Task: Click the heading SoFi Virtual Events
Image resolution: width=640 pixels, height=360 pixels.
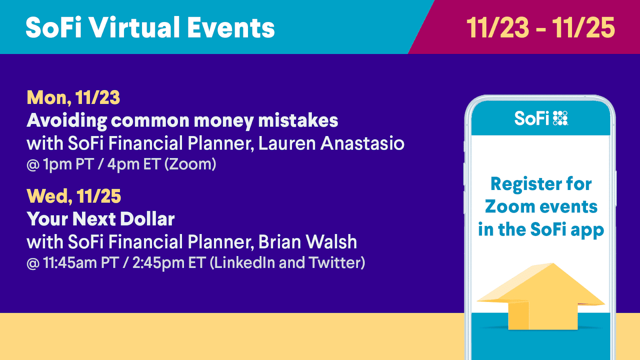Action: (150, 28)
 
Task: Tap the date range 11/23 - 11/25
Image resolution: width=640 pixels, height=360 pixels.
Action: (540, 28)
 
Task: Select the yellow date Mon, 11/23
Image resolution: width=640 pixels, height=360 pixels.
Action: (74, 98)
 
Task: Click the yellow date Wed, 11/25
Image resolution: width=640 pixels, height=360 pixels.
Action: (74, 196)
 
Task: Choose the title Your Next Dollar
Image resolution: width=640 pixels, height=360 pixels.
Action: (100, 219)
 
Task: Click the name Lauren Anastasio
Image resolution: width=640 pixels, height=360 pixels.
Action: (332, 143)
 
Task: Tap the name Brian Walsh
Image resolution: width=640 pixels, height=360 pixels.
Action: (308, 242)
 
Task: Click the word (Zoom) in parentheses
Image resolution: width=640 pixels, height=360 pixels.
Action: (190, 164)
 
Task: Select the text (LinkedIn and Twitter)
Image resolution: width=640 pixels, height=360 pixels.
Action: (288, 262)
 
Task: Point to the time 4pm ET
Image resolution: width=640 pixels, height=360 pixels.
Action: (133, 164)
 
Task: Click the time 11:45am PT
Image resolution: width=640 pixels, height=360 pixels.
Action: (81, 262)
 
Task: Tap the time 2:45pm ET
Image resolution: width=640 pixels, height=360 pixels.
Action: (169, 262)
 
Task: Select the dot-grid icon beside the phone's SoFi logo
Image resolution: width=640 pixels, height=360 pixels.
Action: (560, 118)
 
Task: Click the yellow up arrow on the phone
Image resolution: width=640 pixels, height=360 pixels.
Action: (540, 296)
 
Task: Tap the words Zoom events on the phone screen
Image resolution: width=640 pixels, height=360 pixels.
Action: (541, 206)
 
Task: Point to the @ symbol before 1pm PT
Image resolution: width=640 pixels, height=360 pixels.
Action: (33, 165)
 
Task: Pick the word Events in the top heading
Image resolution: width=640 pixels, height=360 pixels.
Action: (231, 28)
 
